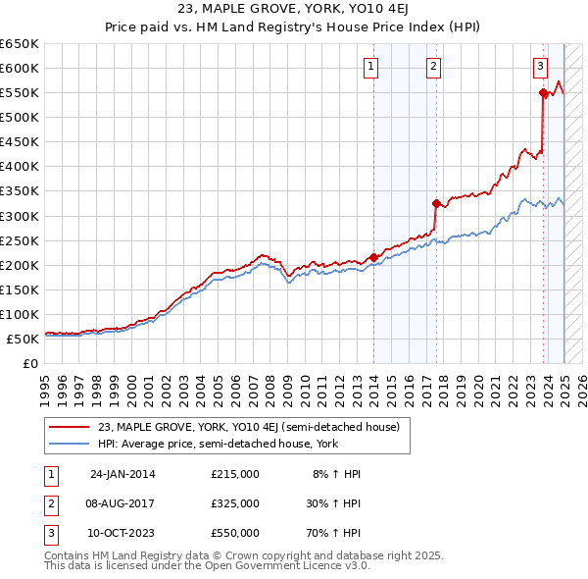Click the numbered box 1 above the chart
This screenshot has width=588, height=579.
point(372,67)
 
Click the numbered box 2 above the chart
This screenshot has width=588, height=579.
point(433,67)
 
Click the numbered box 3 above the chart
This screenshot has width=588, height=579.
point(540,67)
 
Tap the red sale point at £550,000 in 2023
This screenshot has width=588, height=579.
point(543,93)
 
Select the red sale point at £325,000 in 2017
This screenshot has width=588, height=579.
point(436,203)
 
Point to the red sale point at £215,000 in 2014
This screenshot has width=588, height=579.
point(373,257)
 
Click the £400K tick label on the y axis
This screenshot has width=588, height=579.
point(20,167)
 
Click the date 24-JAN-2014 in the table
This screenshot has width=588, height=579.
point(122,474)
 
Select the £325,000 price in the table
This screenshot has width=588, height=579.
point(235,503)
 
